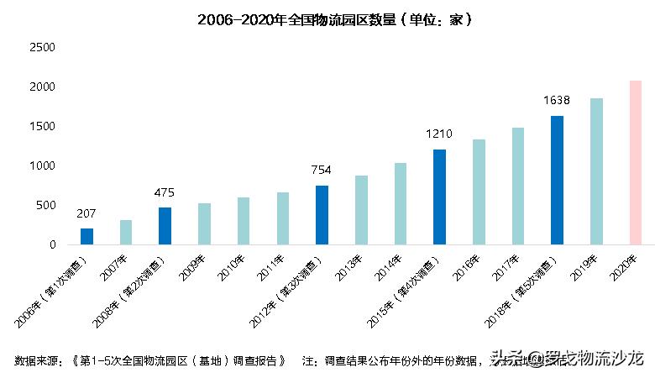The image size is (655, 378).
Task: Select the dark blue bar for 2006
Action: pyautogui.click(x=86, y=236)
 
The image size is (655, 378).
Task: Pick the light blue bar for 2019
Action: pyautogui.click(x=596, y=171)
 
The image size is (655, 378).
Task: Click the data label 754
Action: pyautogui.click(x=322, y=170)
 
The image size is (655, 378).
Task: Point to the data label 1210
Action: pyautogui.click(x=439, y=134)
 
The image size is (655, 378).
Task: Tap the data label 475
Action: pyautogui.click(x=165, y=192)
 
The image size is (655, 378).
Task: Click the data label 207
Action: pyautogui.click(x=86, y=213)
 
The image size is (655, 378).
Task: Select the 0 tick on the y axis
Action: pyautogui.click(x=52, y=244)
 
